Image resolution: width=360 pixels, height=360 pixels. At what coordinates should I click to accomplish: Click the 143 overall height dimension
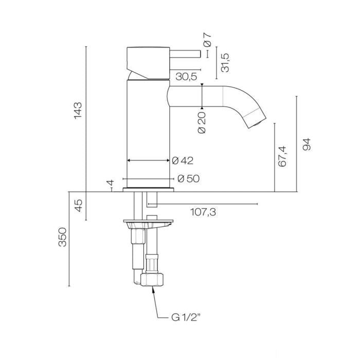[78, 110]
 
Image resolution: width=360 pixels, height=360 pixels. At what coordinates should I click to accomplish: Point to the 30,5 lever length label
[186, 77]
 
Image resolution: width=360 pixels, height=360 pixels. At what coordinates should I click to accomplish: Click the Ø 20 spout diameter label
[202, 122]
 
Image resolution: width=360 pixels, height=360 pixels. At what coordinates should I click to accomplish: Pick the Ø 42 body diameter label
[183, 160]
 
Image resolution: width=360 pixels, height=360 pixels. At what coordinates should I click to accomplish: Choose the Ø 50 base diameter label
[189, 178]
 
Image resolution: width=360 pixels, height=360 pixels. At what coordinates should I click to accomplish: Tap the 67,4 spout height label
[282, 156]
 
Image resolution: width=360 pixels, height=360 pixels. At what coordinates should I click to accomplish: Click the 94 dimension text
[307, 144]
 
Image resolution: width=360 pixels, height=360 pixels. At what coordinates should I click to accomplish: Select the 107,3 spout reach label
[203, 212]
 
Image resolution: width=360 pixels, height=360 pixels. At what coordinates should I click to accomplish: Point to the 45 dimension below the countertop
[79, 206]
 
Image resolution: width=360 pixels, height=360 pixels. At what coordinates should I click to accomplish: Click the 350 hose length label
[62, 237]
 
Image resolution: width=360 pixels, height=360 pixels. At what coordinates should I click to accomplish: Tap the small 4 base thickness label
[111, 183]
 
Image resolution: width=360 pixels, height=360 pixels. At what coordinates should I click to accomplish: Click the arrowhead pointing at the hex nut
[153, 289]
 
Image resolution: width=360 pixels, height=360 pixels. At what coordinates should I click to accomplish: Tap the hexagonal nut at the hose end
[152, 279]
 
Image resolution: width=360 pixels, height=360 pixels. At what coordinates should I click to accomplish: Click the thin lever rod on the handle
[185, 53]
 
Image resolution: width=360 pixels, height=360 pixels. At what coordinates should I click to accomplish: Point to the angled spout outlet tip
[255, 119]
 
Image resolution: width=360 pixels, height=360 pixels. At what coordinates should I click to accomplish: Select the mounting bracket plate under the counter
[148, 223]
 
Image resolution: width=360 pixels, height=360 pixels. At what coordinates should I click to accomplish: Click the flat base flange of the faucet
[148, 190]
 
